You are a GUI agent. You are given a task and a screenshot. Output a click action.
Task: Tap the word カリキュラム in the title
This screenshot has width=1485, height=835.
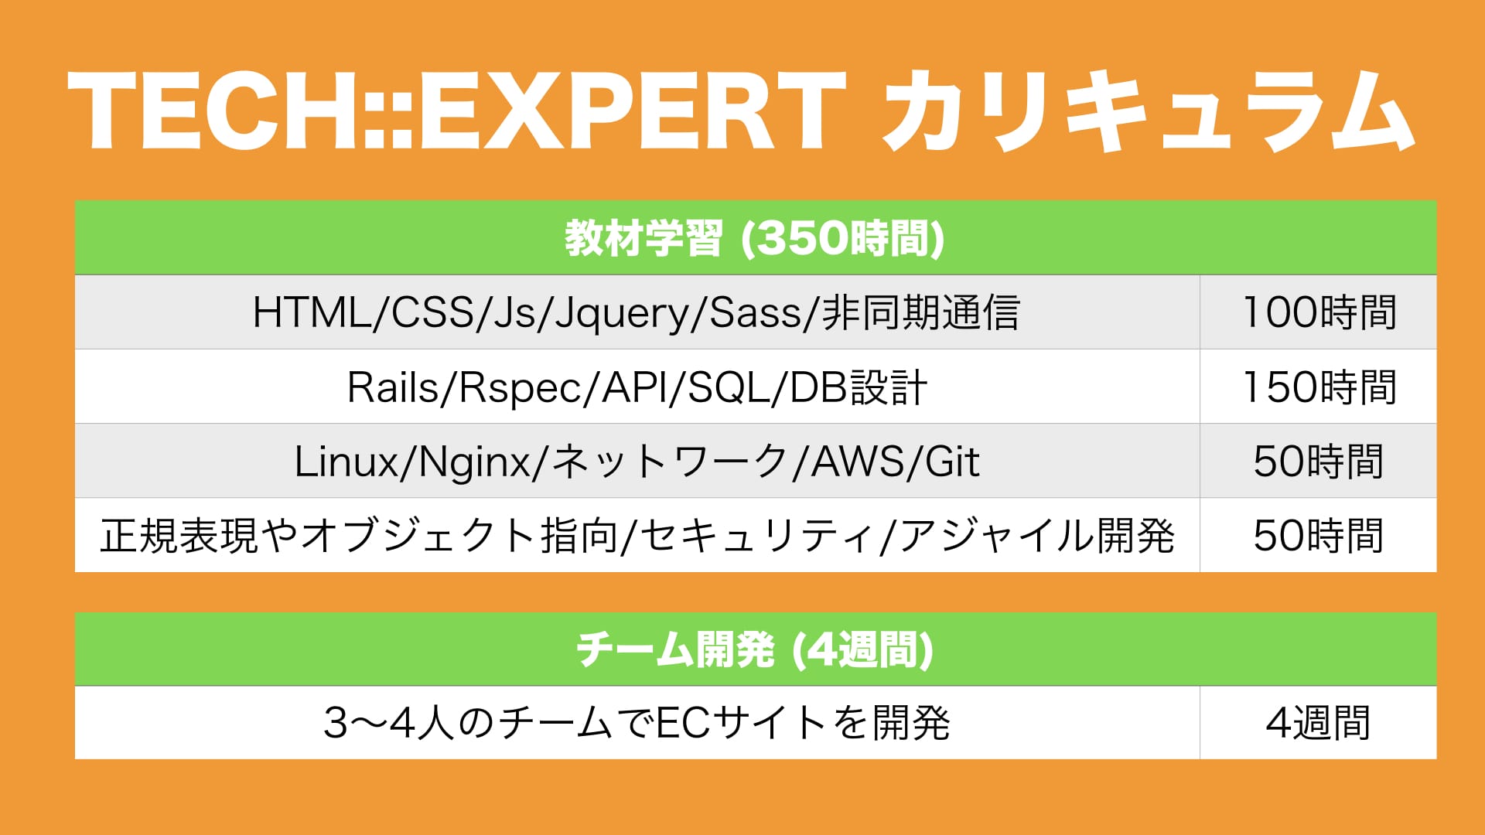tap(1149, 111)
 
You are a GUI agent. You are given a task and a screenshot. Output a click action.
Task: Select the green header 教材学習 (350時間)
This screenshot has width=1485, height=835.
tap(755, 238)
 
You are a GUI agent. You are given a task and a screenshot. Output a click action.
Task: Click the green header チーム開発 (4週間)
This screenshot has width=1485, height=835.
tap(755, 649)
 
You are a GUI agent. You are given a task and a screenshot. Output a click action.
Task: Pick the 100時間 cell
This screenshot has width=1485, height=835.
tap(1319, 312)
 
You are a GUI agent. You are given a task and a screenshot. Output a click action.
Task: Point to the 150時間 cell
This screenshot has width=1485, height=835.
tap(1319, 387)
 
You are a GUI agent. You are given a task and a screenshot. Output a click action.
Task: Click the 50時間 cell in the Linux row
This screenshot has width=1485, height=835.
tap(1319, 461)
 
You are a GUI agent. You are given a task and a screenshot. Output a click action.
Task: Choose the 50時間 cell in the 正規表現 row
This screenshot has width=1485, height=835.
tap(1319, 535)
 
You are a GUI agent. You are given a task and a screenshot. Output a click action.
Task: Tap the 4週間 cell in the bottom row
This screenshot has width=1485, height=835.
tap(1319, 723)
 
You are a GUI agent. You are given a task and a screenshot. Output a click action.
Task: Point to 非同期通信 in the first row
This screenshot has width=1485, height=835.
tap(920, 312)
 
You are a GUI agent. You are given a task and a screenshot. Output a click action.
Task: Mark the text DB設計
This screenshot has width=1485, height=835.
tap(859, 387)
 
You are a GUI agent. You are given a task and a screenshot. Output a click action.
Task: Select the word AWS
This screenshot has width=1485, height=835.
tap(857, 461)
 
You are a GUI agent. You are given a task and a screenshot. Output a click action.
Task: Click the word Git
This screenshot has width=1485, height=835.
tap(952, 461)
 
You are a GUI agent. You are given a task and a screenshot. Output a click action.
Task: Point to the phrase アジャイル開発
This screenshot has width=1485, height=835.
tap(1036, 535)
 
